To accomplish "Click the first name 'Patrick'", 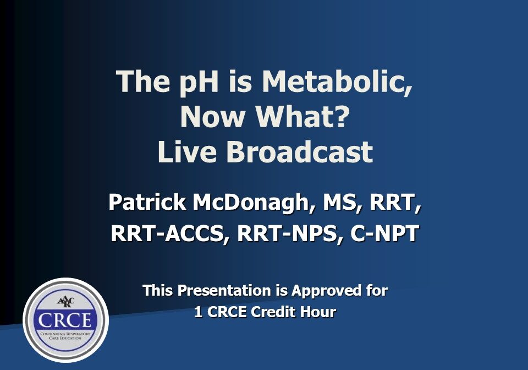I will pos(147,202).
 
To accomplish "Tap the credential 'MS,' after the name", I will pos(337,202).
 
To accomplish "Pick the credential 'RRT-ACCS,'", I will pos(170,233).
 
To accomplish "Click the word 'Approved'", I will pos(328,290).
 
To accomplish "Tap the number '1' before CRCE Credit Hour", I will pos(198,312).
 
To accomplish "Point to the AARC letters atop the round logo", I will pos(65,301).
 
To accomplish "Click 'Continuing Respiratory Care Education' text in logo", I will pos(65,336).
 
